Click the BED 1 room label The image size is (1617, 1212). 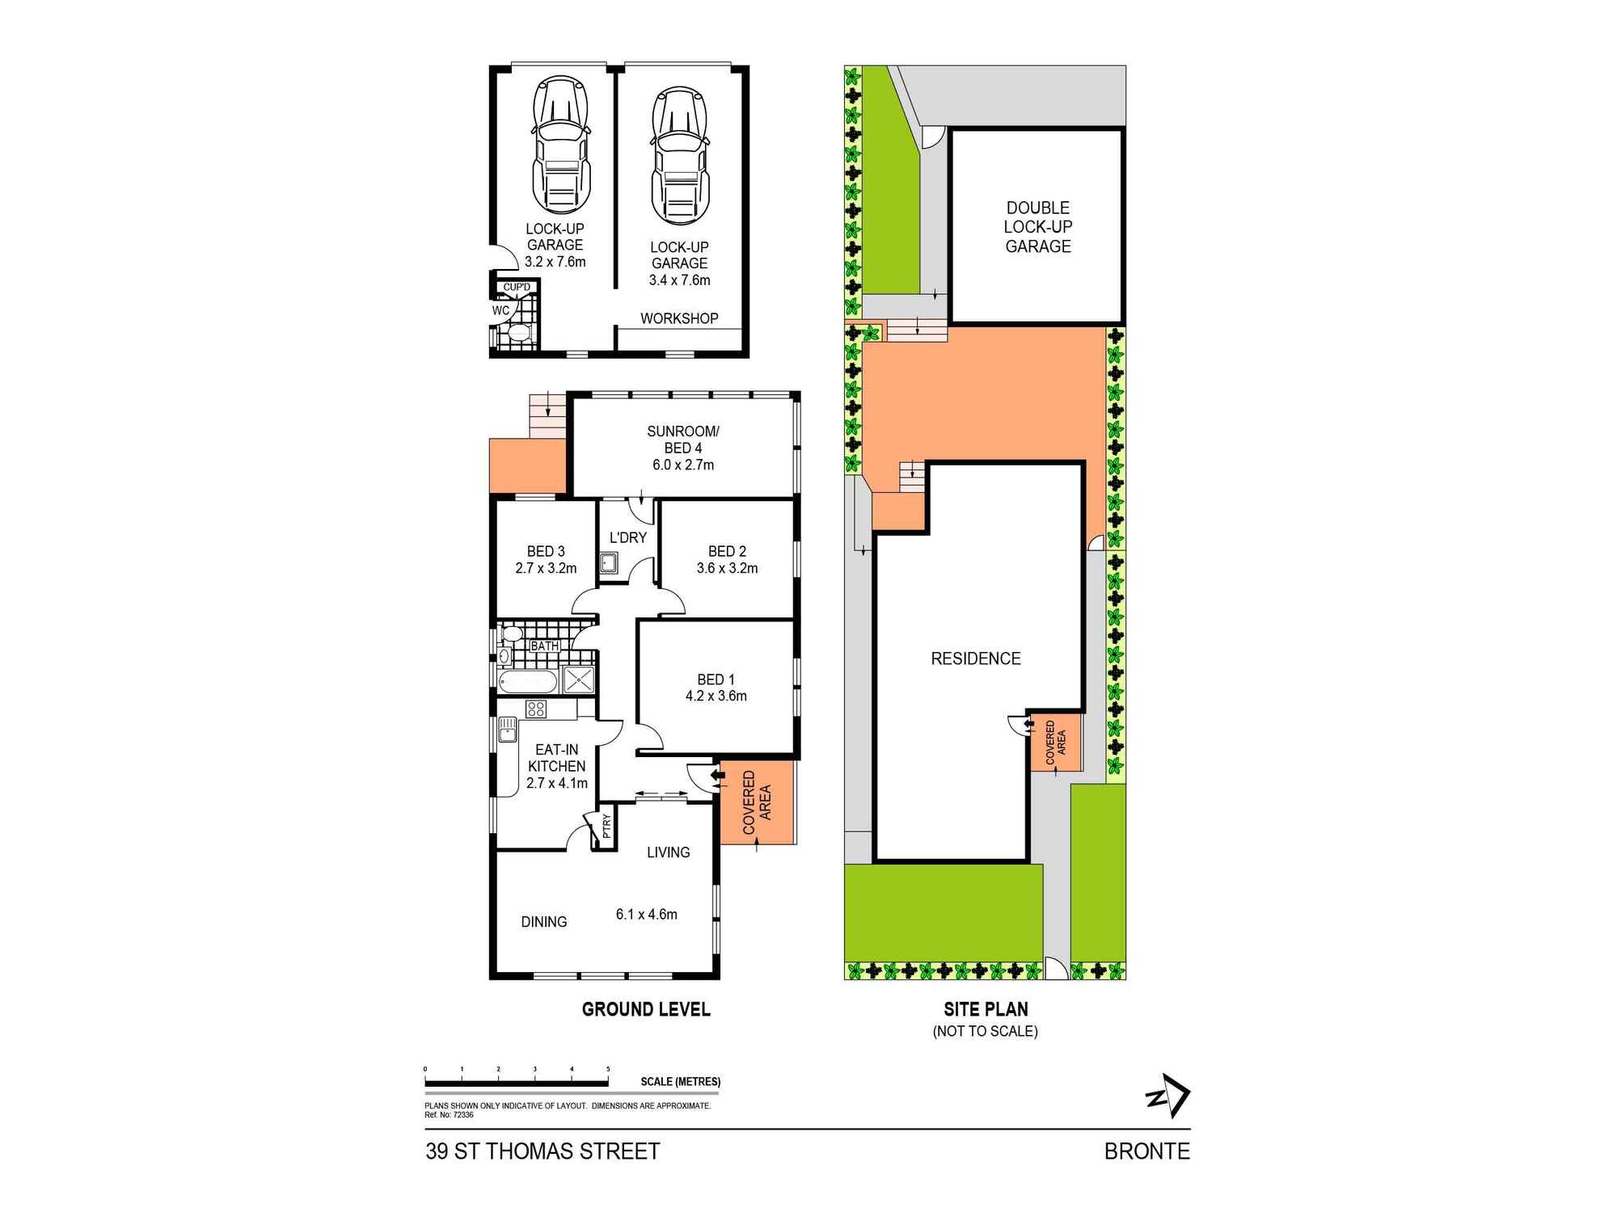tap(716, 680)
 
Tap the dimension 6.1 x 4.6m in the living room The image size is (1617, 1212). tap(646, 915)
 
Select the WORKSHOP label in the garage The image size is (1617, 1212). tap(679, 318)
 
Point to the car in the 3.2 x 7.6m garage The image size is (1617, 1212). tap(559, 145)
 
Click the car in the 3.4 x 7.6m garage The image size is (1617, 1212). tap(680, 158)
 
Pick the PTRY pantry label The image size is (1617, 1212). tap(606, 828)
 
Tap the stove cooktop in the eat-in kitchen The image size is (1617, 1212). tap(535, 709)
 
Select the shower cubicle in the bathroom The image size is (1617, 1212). tap(579, 680)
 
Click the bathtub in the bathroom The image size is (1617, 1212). tap(528, 682)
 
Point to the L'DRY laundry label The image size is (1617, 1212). tap(627, 537)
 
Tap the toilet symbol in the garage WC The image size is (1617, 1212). tap(517, 333)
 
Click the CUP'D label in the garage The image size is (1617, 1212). tap(517, 287)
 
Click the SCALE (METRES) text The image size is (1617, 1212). tap(680, 1081)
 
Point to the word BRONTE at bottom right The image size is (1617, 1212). tap(1146, 1151)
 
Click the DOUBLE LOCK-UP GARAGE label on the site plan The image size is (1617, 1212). tap(1037, 227)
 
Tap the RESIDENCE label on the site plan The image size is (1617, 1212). tap(975, 659)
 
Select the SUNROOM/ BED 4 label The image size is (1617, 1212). tap(682, 440)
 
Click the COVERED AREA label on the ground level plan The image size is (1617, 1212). tap(757, 802)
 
